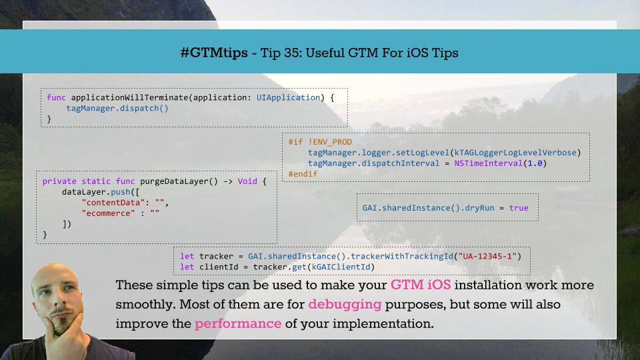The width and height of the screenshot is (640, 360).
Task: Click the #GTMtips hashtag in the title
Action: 214,53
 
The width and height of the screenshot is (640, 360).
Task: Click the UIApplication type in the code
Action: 288,97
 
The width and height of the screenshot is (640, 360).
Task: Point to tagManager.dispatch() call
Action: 117,108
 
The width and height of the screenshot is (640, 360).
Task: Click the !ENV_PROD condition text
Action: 330,142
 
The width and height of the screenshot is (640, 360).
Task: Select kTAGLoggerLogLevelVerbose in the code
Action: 515,153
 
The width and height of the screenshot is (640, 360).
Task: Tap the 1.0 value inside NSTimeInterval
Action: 535,163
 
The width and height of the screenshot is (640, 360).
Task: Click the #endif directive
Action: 303,174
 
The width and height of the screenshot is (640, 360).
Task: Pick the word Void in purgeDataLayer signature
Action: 247,181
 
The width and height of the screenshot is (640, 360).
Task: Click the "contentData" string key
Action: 113,203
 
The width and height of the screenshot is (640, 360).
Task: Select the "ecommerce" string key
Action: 108,213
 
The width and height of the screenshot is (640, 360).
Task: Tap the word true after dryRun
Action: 519,208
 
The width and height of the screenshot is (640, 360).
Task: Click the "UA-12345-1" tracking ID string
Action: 487,256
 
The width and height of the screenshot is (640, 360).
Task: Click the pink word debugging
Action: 345,305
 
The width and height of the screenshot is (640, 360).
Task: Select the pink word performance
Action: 238,324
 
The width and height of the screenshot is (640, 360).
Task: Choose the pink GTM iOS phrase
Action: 421,285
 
